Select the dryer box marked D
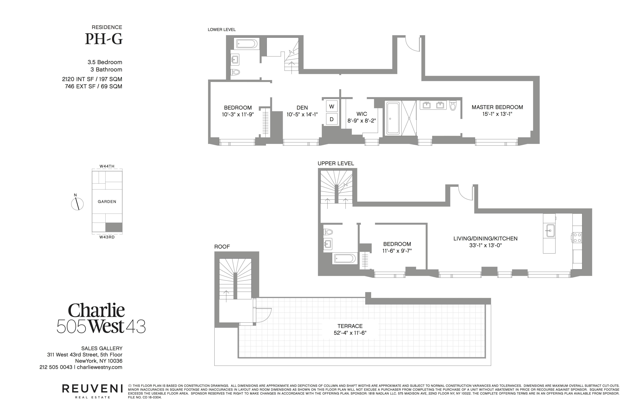(x=331, y=119)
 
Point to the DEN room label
(x=302, y=107)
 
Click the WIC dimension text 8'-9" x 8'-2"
(x=361, y=121)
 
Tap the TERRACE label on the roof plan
(x=350, y=326)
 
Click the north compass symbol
(x=77, y=204)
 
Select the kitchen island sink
(x=550, y=231)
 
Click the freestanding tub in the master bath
(x=392, y=118)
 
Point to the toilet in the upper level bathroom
(x=328, y=232)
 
